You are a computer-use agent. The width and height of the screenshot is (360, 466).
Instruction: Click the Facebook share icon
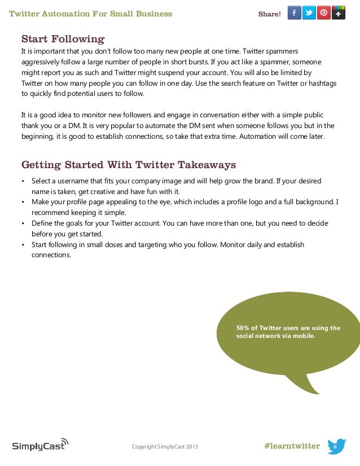(295, 13)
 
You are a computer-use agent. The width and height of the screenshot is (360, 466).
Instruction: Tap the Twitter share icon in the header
(309, 13)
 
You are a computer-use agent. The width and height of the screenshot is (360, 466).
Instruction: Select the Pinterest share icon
(324, 13)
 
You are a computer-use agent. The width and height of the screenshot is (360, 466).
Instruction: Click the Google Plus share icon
(339, 13)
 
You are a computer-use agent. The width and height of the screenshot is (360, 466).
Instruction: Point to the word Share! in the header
(269, 14)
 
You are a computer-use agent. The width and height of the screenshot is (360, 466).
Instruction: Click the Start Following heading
(63, 39)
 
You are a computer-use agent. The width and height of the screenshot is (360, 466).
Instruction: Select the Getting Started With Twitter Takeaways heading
(128, 165)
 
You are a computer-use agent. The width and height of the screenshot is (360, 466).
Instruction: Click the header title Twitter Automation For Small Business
(91, 14)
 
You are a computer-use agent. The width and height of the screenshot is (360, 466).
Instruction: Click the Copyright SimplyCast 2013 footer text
(165, 447)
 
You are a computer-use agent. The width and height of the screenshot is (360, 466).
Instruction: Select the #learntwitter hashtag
(291, 446)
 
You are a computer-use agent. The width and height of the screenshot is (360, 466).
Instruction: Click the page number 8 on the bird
(335, 447)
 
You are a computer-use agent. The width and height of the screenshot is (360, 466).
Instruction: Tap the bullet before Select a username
(23, 181)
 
